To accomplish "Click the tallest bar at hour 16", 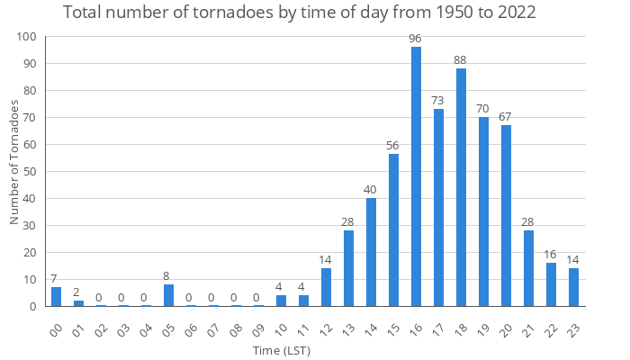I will (416, 176).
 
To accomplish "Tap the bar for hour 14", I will (371, 252).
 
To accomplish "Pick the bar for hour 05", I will (168, 295).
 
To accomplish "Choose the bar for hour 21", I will (528, 268).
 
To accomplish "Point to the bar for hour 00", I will (56, 297).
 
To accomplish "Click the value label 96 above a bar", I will (416, 38).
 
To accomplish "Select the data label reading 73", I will (438, 100).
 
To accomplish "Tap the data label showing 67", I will (506, 116).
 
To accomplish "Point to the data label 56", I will (393, 145).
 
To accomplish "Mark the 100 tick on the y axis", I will (27, 37).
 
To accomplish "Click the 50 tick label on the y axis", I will (30, 171).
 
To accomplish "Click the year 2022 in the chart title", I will (512, 13).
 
